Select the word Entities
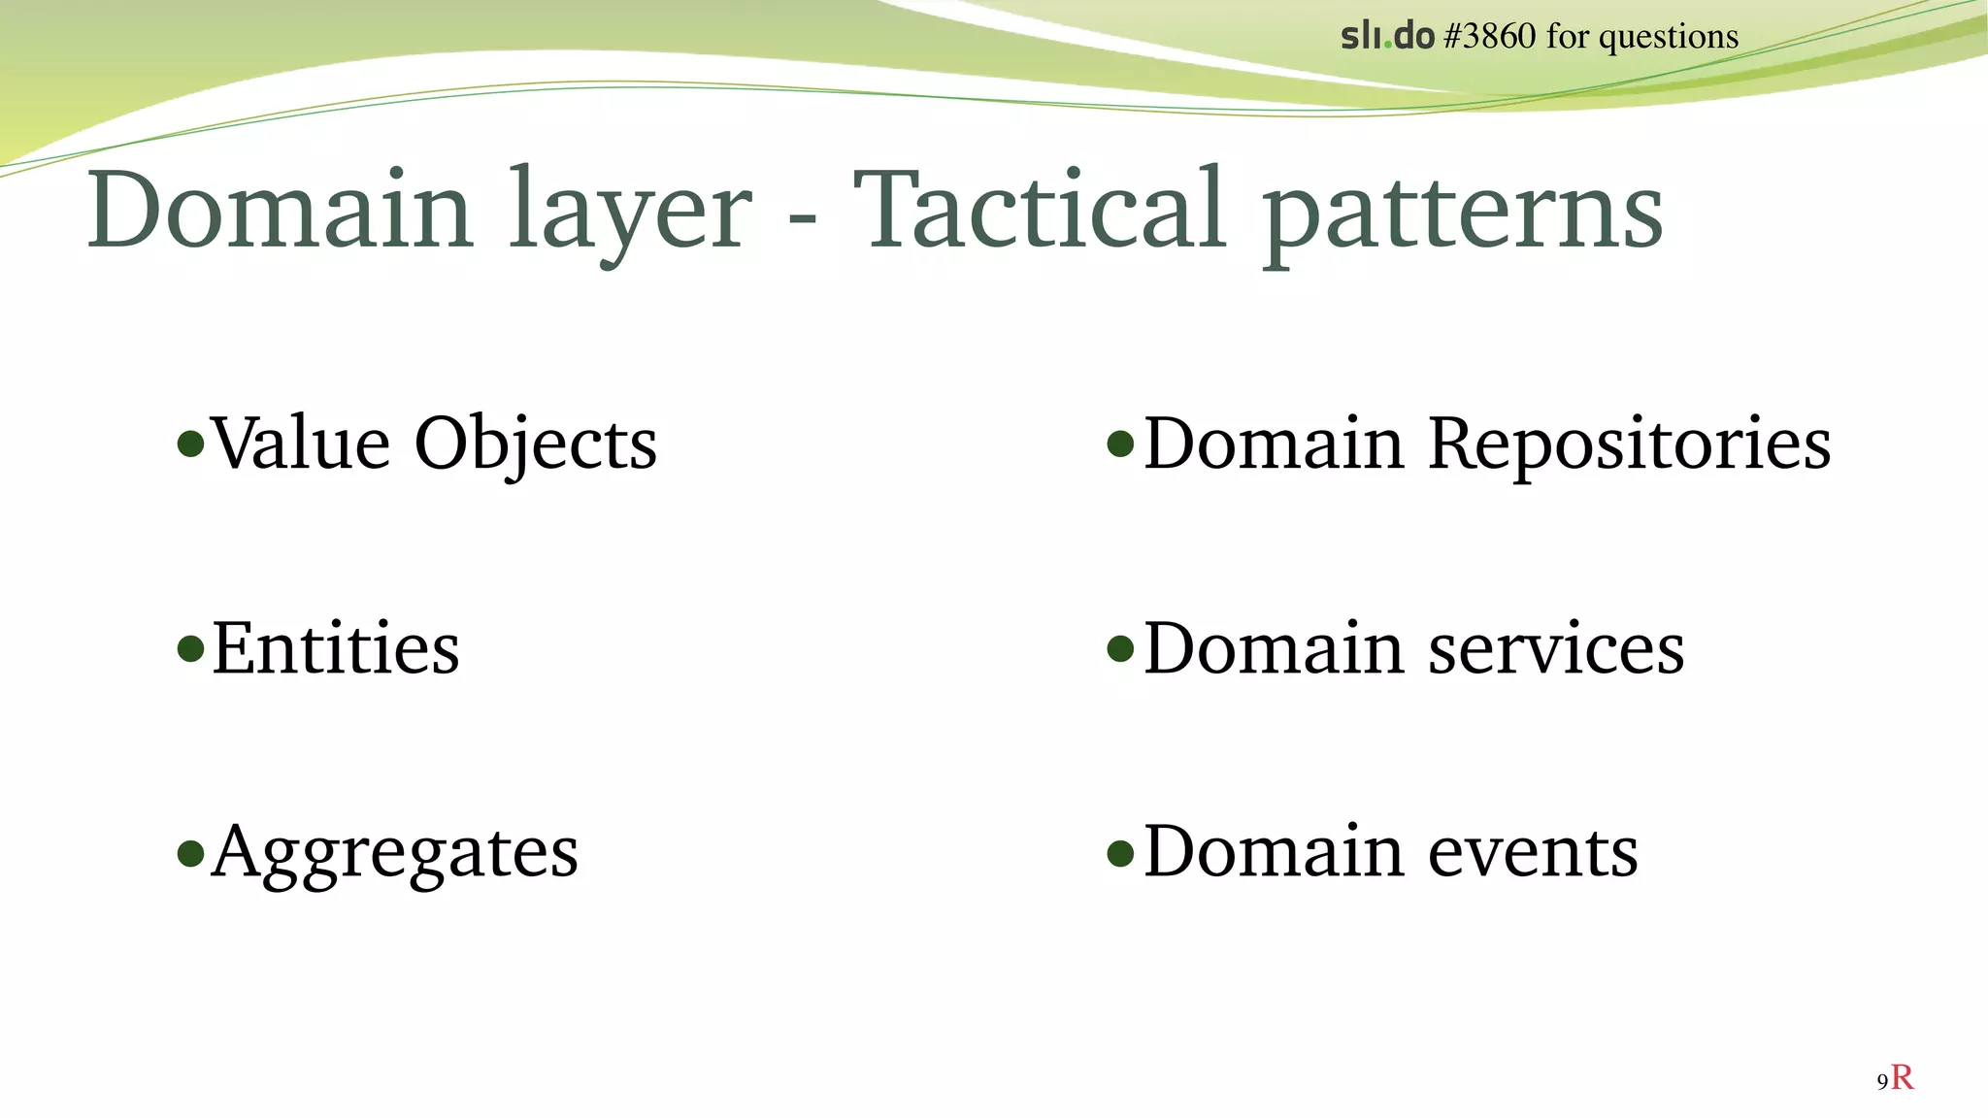point(336,648)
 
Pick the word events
point(1533,852)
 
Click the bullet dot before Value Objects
point(191,444)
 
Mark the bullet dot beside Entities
point(191,648)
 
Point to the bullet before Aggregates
point(191,853)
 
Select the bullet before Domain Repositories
point(1120,444)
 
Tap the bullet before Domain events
point(1120,853)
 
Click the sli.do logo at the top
point(1387,37)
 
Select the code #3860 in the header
point(1490,37)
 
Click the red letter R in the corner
point(1903,1077)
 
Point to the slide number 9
point(1882,1082)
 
